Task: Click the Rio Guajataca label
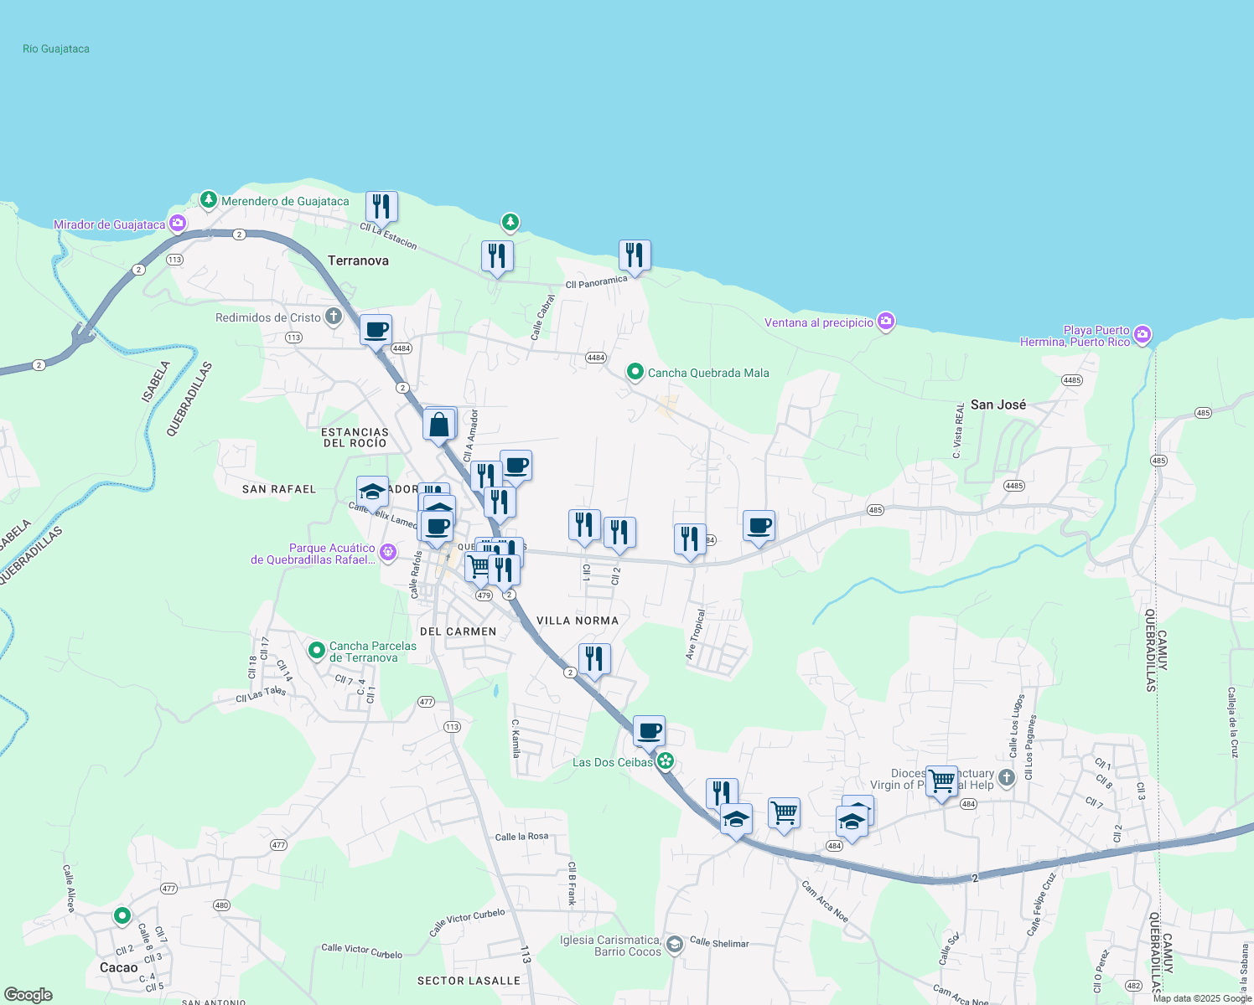point(56,49)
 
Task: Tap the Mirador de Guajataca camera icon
point(177,224)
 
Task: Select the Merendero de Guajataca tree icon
point(209,200)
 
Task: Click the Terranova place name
point(358,260)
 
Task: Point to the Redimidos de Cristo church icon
point(334,317)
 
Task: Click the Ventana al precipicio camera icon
point(886,322)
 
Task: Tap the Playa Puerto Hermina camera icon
point(1143,336)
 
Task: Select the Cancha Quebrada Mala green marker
point(635,372)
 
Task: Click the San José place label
point(997,405)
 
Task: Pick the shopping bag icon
point(439,425)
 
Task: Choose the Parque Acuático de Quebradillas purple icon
point(387,552)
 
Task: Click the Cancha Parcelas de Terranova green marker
point(317,650)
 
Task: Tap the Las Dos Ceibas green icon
point(666,761)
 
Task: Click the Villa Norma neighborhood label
point(578,621)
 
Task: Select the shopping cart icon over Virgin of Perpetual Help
point(941,781)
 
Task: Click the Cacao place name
point(118,967)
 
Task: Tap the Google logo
point(28,995)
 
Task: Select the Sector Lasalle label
point(469,981)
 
